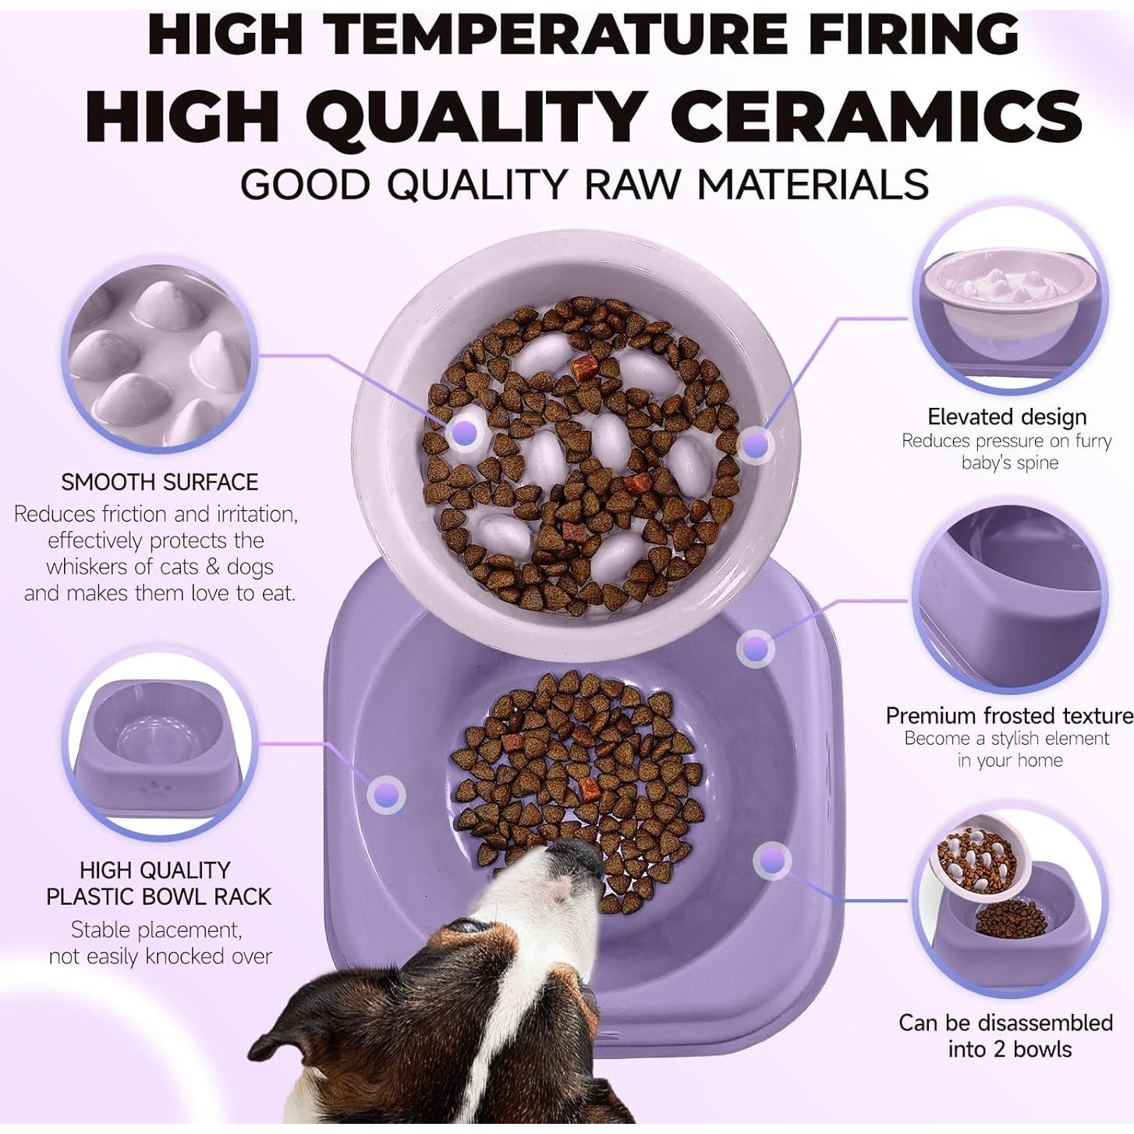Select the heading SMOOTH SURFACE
click(159, 482)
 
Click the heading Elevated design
click(1006, 416)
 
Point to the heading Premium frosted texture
click(1009, 715)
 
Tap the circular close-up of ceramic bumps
click(160, 356)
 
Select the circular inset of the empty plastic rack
click(160, 745)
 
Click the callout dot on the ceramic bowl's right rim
click(754, 445)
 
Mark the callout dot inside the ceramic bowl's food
click(465, 434)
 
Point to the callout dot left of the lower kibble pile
click(386, 795)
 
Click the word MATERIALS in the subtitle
click(812, 185)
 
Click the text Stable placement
click(156, 930)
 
